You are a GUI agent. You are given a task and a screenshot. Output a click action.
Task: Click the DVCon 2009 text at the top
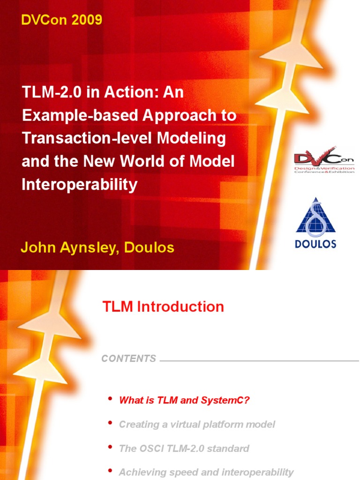click(x=61, y=20)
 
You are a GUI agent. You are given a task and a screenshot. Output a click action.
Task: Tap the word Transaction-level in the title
click(x=78, y=138)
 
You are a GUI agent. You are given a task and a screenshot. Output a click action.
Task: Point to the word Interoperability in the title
click(x=80, y=184)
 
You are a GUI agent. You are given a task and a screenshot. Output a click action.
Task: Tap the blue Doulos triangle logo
click(x=316, y=217)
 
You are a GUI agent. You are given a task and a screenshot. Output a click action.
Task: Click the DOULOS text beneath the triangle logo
click(x=316, y=244)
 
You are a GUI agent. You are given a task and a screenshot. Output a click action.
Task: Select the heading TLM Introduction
click(x=163, y=307)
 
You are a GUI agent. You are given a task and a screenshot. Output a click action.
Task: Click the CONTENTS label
click(x=128, y=359)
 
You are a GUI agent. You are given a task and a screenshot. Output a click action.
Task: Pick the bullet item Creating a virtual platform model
click(x=197, y=424)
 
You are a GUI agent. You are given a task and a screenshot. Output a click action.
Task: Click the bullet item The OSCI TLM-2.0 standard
click(x=184, y=448)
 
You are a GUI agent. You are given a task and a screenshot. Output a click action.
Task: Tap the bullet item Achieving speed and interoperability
click(x=206, y=472)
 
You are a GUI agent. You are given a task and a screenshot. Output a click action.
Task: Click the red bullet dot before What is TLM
click(x=110, y=398)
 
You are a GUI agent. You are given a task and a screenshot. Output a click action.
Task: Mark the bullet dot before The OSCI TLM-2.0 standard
click(x=110, y=447)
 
